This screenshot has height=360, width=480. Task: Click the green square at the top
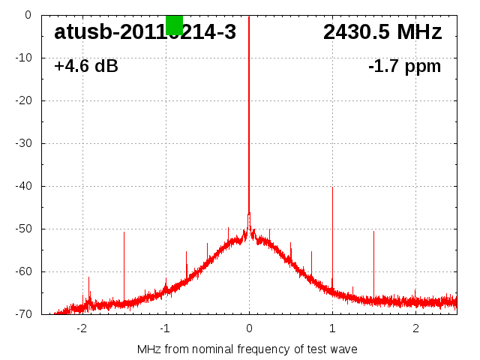174,25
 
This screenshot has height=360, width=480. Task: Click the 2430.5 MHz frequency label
382,32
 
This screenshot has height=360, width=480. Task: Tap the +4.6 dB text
86,67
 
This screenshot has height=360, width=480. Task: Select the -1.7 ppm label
404,67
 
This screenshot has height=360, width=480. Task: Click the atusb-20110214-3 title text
145,32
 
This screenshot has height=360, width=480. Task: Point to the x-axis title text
247,349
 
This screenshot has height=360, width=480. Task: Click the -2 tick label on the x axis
82,328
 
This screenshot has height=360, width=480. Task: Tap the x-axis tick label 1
332,328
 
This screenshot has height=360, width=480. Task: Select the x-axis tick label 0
249,328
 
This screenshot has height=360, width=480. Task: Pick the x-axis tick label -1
165,328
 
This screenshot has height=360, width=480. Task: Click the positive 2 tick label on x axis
415,328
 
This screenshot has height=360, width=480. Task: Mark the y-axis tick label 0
27,15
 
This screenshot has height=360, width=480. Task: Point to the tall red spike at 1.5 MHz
373,262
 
